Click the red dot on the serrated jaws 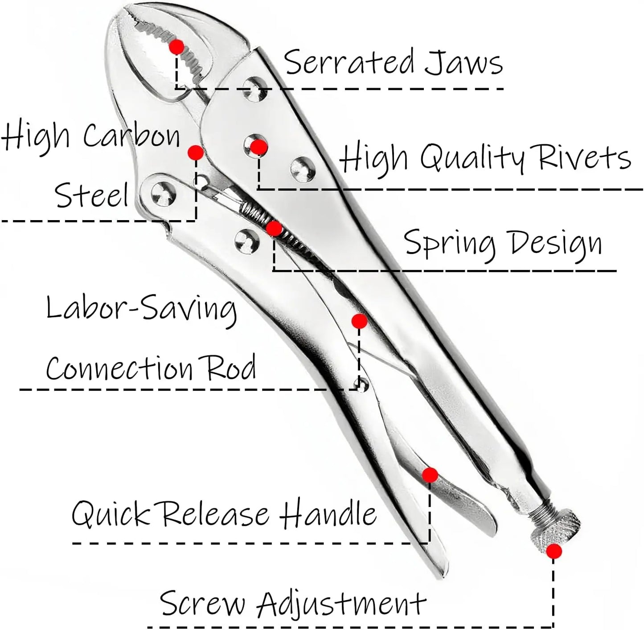177,46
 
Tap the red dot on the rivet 258,147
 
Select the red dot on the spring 274,229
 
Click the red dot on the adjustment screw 554,552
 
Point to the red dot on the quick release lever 430,475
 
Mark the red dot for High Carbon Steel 195,153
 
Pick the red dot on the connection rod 359,321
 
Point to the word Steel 92,195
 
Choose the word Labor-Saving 141,309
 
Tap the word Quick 110,514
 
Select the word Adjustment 342,604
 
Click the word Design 556,244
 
